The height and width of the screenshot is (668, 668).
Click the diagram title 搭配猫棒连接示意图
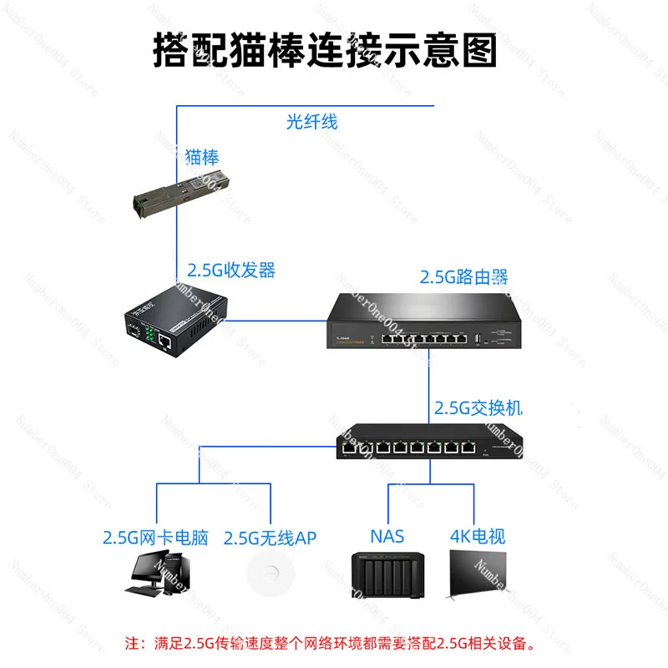(326, 49)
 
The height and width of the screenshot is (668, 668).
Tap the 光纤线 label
(311, 122)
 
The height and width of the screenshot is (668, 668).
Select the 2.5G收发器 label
(230, 271)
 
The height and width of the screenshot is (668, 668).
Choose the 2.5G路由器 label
(463, 276)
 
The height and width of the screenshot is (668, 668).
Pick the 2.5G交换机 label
(478, 409)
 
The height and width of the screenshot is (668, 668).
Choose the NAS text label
(387, 536)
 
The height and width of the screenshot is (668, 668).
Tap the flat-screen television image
(477, 577)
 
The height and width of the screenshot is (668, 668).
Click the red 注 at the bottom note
(131, 644)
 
